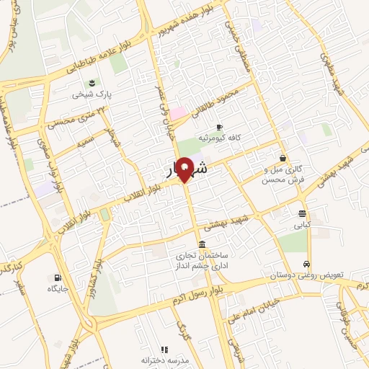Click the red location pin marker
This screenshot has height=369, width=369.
(185, 169)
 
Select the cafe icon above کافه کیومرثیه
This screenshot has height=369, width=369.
(219, 126)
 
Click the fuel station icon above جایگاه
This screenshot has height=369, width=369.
(57, 278)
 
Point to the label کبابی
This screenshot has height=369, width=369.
(301, 224)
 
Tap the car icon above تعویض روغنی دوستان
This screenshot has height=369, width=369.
(307, 264)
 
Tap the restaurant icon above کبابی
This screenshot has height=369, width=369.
(301, 213)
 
